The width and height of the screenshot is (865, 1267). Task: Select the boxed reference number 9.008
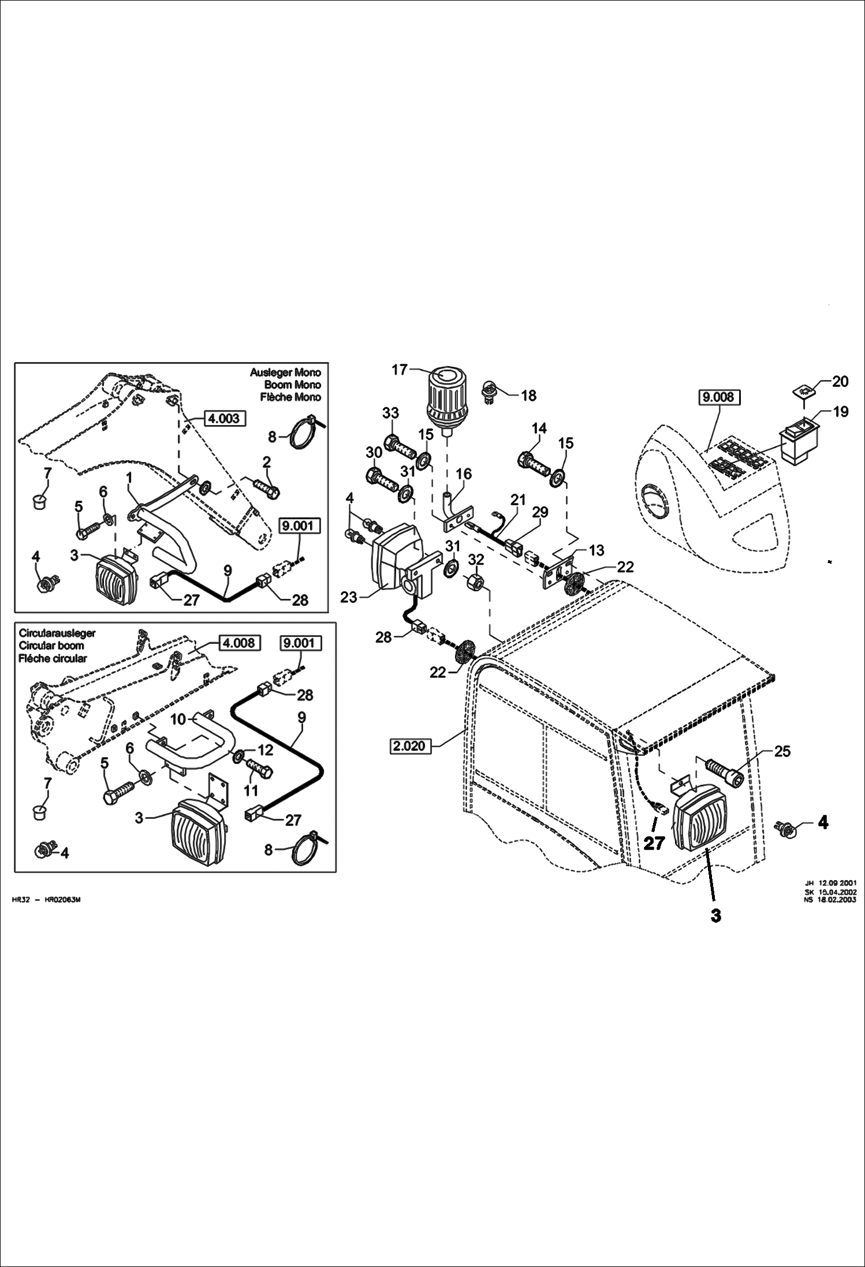719,397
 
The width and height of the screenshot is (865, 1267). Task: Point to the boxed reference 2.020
409,746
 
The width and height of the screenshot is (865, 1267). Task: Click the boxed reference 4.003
224,418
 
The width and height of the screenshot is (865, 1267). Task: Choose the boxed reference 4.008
239,643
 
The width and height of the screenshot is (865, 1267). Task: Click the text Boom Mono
292,385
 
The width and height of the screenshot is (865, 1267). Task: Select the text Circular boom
51,646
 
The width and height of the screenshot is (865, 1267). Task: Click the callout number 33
390,413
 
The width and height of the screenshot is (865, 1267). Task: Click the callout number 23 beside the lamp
349,597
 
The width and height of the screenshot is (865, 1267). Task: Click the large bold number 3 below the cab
715,916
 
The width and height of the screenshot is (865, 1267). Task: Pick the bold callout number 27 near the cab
654,843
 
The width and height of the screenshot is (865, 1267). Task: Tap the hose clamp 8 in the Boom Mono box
299,437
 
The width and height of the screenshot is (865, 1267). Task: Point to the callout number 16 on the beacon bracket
463,474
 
